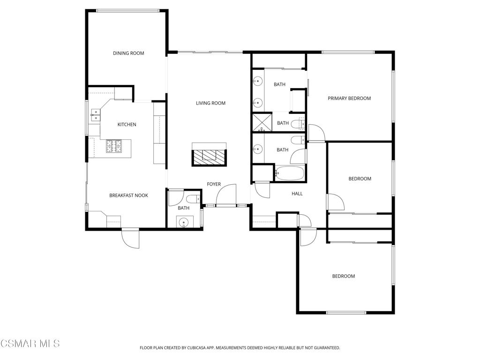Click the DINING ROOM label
point(128,53)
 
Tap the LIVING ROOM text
point(210,103)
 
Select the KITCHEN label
point(127,125)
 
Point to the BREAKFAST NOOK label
point(128,195)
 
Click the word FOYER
point(214,184)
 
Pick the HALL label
point(297,194)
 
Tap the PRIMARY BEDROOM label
point(349,98)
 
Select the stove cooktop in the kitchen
point(114,146)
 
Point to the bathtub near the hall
point(289,173)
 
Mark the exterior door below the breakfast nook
point(130,238)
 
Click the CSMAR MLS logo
point(30,344)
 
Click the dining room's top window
point(127,10)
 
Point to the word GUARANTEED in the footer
point(325,348)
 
